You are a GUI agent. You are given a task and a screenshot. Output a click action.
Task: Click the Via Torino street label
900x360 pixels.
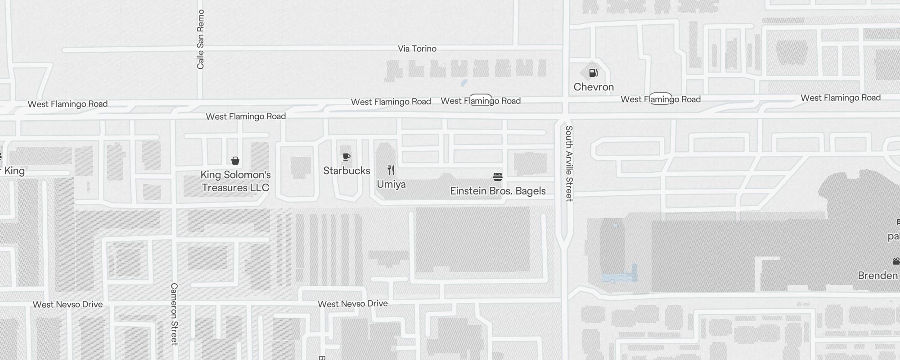(417, 49)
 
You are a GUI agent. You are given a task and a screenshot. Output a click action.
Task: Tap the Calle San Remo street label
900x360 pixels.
(201, 39)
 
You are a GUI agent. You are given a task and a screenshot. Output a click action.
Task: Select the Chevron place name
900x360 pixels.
(594, 87)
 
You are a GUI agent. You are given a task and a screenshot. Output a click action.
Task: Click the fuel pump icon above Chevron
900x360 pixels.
(594, 73)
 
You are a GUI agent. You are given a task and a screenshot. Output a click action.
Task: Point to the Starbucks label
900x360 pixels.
(346, 171)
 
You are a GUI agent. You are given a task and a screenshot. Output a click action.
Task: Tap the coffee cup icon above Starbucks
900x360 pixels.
(346, 157)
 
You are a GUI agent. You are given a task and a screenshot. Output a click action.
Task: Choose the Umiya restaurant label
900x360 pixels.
(391, 184)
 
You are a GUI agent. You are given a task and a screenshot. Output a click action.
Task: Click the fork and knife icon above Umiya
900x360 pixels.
(391, 170)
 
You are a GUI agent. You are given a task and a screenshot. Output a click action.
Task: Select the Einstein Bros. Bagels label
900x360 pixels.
(498, 191)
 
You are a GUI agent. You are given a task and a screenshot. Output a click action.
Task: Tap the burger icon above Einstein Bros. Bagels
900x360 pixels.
(498, 176)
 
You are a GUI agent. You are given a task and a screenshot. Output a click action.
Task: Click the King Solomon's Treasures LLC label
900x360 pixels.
(235, 181)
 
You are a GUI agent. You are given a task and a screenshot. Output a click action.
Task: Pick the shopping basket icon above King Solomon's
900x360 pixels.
(235, 161)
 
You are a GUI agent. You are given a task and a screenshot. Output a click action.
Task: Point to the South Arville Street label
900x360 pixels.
(569, 163)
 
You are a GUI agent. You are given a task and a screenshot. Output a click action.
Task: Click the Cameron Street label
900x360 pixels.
(174, 314)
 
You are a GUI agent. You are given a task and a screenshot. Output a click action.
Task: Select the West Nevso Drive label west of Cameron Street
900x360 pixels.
(67, 305)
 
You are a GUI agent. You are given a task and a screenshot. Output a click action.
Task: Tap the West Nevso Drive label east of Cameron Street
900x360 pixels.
(353, 304)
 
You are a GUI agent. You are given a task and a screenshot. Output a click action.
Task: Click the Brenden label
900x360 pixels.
(878, 275)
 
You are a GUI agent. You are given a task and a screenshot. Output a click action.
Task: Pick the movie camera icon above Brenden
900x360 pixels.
(896, 261)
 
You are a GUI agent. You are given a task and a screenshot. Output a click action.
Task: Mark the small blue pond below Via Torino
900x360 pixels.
(464, 83)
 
